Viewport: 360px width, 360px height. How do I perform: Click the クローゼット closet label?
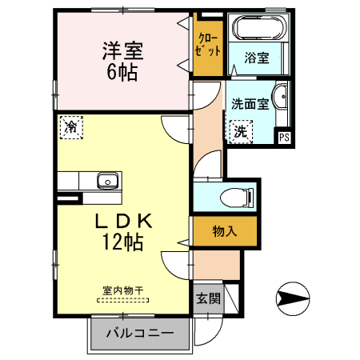pyautogui.click(x=207, y=45)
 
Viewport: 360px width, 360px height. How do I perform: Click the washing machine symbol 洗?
pyautogui.click(x=240, y=133)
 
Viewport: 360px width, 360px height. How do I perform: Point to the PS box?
pyautogui.click(x=283, y=137)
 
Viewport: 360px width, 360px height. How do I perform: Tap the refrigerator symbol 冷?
pyautogui.click(x=71, y=126)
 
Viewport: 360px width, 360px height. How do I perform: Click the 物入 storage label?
pyautogui.click(x=225, y=231)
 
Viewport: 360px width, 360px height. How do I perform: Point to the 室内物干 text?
pyautogui.click(x=122, y=290)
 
